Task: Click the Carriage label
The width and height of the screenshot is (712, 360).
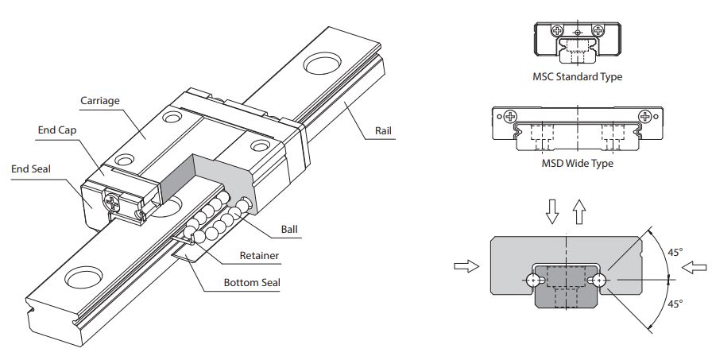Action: (x=100, y=102)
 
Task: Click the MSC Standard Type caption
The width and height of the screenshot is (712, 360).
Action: (x=577, y=77)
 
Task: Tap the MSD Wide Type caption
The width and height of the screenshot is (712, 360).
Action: (x=577, y=164)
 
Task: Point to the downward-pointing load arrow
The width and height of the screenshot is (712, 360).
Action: (x=555, y=208)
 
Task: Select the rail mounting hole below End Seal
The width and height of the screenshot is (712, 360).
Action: (x=83, y=279)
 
